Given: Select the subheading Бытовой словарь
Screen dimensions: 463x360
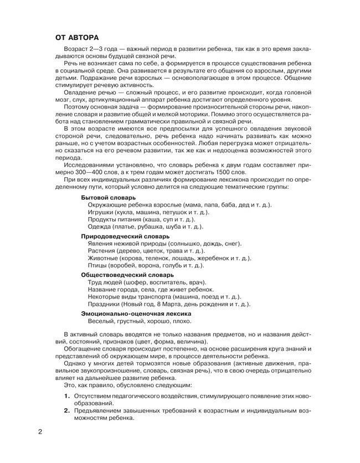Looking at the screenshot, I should click(108, 198).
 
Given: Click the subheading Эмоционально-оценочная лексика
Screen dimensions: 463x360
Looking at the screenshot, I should click(136, 313).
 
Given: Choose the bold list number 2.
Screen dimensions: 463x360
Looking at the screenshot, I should click(66, 410).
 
